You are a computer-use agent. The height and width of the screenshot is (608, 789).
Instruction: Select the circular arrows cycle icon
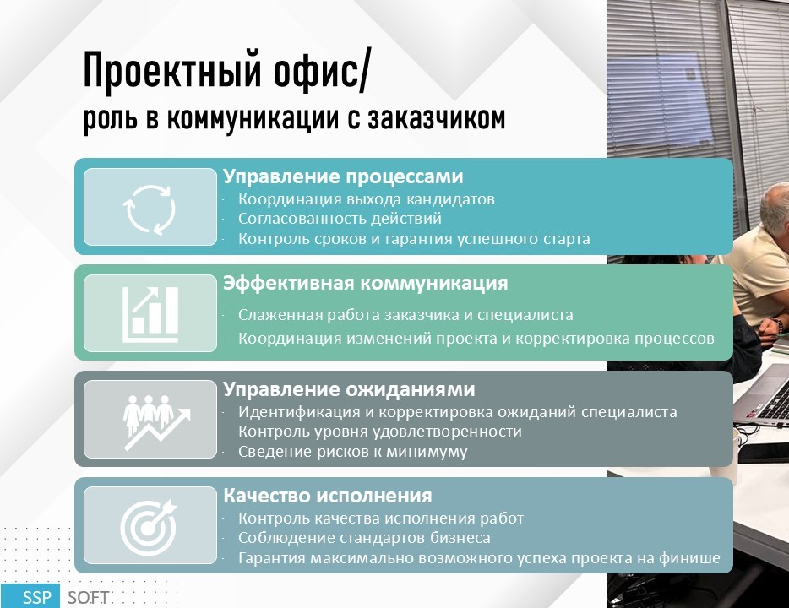coord(150,209)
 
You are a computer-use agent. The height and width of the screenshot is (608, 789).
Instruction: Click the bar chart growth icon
coord(150,315)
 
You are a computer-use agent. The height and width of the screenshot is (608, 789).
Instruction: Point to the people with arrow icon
coord(156,422)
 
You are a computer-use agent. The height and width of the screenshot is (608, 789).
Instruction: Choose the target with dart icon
coord(149,527)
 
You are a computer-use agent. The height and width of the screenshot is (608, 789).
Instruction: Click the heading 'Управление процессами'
coord(343,176)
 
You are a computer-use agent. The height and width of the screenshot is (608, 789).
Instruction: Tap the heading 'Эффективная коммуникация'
coord(366,283)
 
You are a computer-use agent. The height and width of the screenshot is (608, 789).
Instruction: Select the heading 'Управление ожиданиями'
coord(349,389)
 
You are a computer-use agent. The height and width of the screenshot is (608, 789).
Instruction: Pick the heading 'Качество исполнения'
coord(328,496)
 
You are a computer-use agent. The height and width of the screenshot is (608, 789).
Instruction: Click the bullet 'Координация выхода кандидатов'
coord(367,199)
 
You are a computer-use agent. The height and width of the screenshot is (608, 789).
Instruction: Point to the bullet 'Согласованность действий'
coord(340,219)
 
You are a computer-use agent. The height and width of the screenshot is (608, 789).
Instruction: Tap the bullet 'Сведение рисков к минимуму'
coord(353,452)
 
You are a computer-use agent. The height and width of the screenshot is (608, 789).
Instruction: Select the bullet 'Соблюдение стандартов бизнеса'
coord(364,538)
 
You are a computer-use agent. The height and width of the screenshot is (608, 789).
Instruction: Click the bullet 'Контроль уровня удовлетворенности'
coord(380,432)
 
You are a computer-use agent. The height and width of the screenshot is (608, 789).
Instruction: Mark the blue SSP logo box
coord(30,596)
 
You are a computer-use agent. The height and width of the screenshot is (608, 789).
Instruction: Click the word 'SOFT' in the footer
coord(88,597)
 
